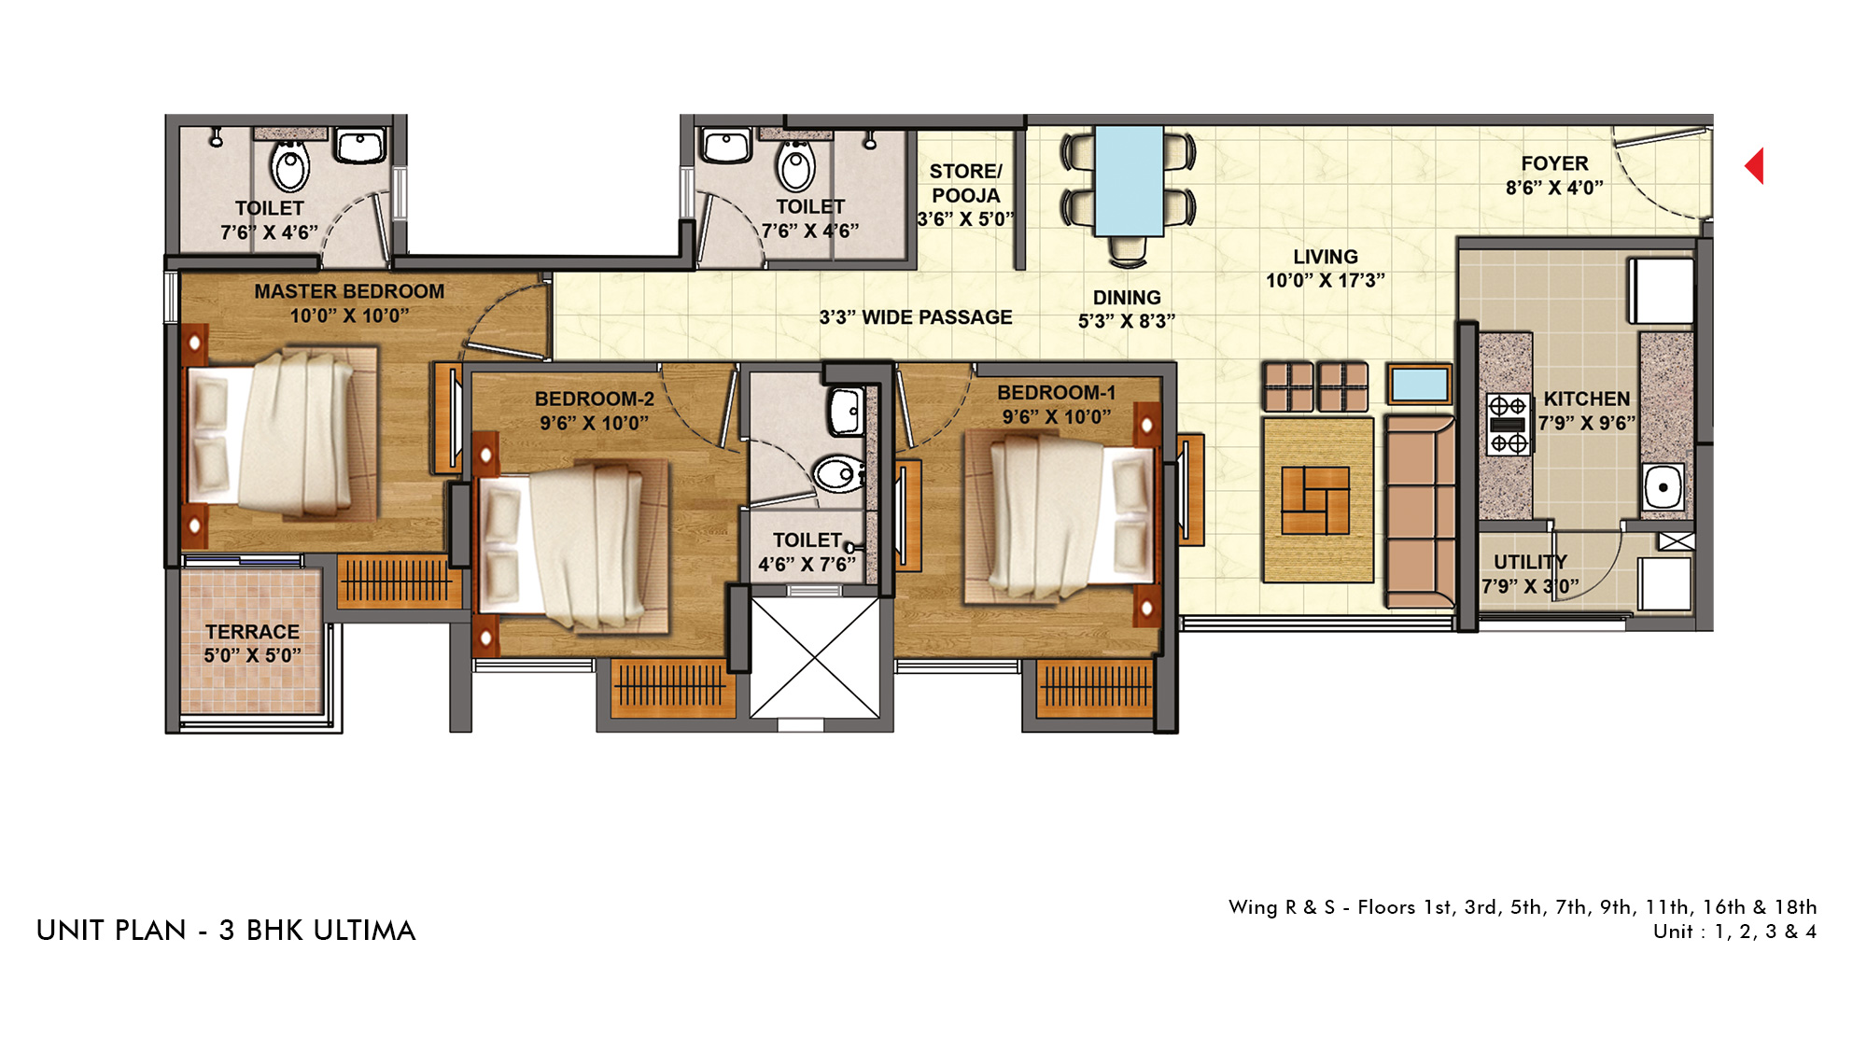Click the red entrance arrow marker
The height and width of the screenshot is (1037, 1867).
[x=1756, y=166]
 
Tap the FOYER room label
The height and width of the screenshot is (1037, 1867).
[x=1554, y=163]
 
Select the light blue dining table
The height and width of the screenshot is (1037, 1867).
[x=1129, y=181]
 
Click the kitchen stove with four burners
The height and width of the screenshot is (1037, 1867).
[x=1508, y=424]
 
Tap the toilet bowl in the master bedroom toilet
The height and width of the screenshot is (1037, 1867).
[x=290, y=166]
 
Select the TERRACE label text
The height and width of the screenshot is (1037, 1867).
[x=252, y=632]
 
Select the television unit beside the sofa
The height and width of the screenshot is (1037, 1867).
[x=1419, y=384]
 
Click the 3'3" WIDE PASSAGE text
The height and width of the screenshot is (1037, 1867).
[x=916, y=317]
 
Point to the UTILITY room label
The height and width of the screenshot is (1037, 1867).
[x=1530, y=562]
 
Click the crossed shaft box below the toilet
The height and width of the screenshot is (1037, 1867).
[x=815, y=658]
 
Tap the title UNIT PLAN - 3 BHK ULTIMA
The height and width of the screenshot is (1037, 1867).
[x=226, y=931]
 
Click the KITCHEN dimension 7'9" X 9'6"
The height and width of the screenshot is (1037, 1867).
[x=1587, y=423]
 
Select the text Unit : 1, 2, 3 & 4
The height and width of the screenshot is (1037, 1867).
[x=1734, y=932]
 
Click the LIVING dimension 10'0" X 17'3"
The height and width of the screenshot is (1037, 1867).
[x=1326, y=280]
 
